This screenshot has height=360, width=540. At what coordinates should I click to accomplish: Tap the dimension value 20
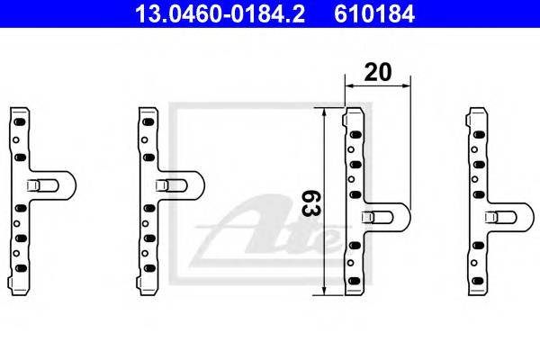pyautogui.click(x=378, y=71)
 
